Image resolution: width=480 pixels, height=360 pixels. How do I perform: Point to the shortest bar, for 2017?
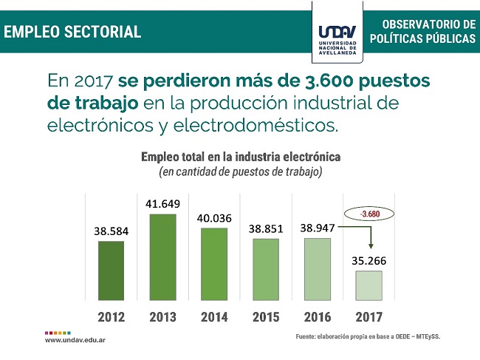click(x=368, y=285)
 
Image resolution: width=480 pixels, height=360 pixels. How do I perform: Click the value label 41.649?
click(x=162, y=203)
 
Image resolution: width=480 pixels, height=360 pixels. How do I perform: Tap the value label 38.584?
click(x=111, y=231)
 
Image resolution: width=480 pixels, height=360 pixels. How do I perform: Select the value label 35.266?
click(x=368, y=260)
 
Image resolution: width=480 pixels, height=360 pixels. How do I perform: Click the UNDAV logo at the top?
click(x=337, y=35)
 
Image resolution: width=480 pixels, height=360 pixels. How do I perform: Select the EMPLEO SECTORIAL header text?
click(x=72, y=32)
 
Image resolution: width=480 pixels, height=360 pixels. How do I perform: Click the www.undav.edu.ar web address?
click(x=73, y=340)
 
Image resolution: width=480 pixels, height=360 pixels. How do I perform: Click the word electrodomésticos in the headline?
click(x=260, y=125)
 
